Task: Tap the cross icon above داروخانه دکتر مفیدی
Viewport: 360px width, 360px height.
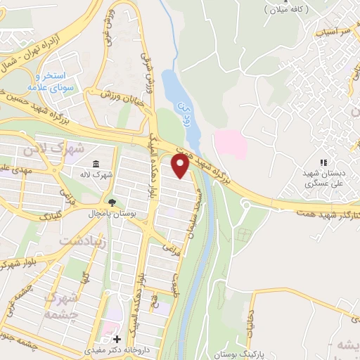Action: (117, 339)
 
